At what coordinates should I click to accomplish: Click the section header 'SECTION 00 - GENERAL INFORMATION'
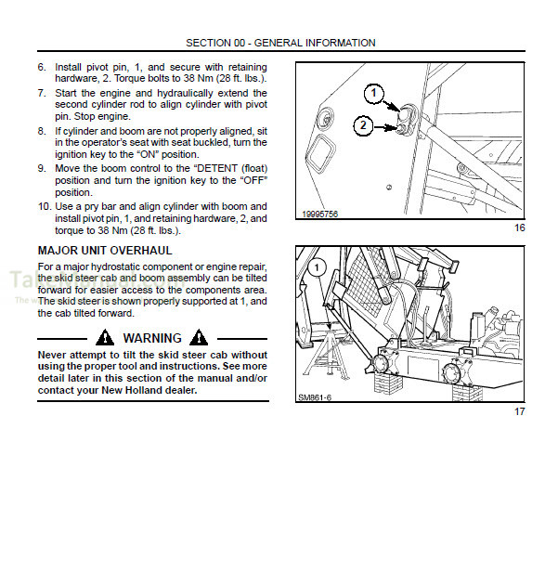280,43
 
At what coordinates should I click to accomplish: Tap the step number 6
42,68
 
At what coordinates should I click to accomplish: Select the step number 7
42,94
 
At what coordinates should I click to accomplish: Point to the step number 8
42,132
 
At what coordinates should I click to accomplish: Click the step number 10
44,206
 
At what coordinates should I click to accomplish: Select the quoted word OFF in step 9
247,180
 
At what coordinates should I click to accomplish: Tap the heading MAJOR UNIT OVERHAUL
104,251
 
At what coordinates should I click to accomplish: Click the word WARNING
153,338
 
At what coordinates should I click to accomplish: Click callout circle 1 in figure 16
372,93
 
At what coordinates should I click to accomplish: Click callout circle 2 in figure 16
364,125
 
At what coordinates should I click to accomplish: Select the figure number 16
520,228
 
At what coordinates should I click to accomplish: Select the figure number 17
520,411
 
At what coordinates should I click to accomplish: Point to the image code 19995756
318,214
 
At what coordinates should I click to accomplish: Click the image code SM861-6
316,396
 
